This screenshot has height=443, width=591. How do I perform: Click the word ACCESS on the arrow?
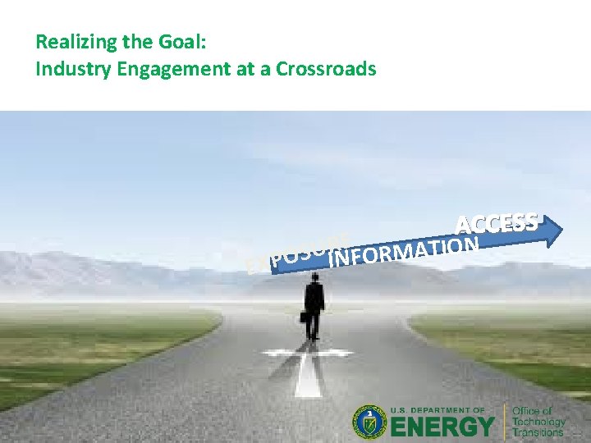[497, 222]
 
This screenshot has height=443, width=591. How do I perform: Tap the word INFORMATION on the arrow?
[403, 251]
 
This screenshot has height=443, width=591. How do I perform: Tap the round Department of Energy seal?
[370, 422]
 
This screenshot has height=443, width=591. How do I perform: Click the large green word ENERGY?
[443, 427]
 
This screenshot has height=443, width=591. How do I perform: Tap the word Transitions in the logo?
[538, 432]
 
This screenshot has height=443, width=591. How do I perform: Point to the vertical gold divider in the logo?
[505, 422]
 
